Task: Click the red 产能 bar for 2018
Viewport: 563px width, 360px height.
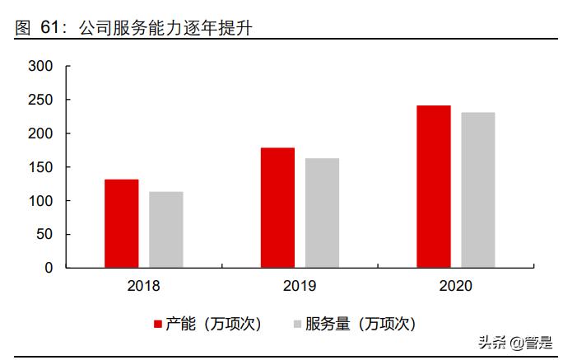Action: coord(122,223)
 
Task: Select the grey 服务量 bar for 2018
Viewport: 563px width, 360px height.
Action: coord(166,230)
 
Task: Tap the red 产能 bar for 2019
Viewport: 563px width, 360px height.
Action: coord(277,208)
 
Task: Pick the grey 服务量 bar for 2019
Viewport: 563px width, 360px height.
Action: coord(322,213)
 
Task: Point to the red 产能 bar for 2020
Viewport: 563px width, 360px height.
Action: coord(433,186)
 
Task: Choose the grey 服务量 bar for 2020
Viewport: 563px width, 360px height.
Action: coord(477,189)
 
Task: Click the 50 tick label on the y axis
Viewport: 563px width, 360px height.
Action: coord(44,235)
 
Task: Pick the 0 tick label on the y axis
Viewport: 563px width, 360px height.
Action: coord(48,268)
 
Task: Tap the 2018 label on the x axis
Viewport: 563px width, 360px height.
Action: coord(144,288)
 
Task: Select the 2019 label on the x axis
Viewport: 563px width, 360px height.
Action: coord(300,288)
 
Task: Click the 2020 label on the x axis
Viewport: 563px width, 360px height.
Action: coord(455,288)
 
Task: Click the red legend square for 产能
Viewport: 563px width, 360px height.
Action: coord(157,324)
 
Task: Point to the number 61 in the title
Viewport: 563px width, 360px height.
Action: coord(50,29)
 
